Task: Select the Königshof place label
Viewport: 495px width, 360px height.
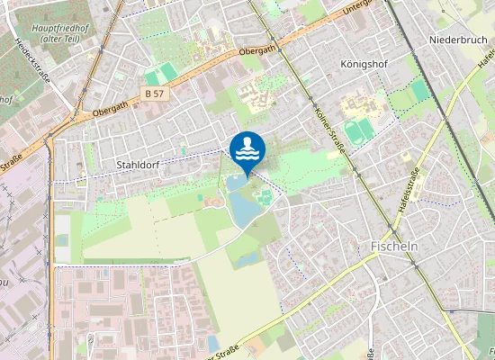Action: click(366, 66)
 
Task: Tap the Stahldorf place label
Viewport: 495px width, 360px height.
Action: click(139, 165)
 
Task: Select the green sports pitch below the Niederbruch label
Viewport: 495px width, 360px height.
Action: click(420, 91)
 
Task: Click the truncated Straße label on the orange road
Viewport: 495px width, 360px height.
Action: click(11, 167)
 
